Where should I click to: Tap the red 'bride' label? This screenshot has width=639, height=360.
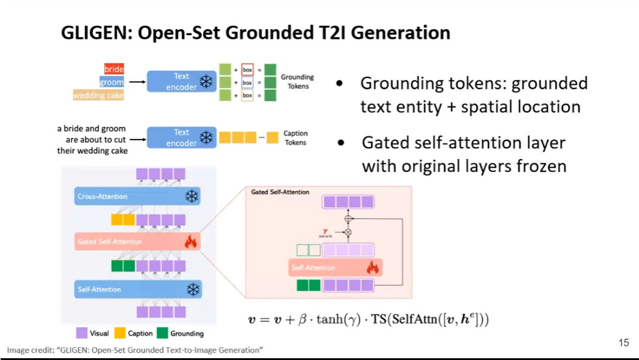[x=113, y=69]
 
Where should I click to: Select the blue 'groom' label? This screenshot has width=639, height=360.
[x=112, y=82]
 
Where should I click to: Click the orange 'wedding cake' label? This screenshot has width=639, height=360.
[x=98, y=95]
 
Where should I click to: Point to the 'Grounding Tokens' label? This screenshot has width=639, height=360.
[x=297, y=81]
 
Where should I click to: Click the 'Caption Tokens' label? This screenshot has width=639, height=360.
[x=296, y=138]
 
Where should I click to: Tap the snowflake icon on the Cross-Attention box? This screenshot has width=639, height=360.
[x=192, y=196]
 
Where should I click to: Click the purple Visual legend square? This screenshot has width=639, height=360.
[x=81, y=333]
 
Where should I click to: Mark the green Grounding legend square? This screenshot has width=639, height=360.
[x=162, y=333]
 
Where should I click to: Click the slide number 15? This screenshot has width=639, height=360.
[x=623, y=343]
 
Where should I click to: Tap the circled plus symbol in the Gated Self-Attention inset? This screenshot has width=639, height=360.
[x=348, y=217]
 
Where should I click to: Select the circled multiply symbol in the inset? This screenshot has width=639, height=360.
[x=348, y=232]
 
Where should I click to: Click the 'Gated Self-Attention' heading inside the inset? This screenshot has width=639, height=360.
[x=280, y=192]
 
